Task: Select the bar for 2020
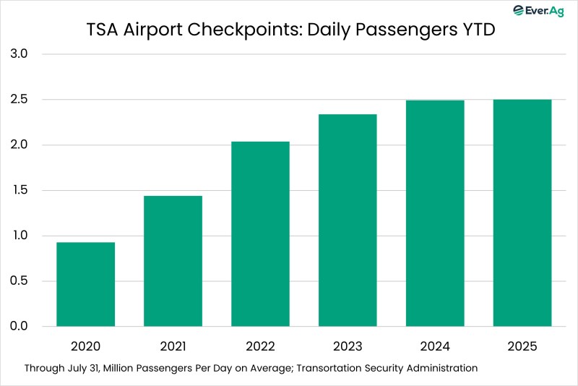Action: tap(85, 284)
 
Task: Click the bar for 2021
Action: tap(173, 261)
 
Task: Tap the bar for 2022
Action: tap(260, 233)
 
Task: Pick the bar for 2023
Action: tap(348, 220)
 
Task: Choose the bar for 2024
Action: tap(435, 213)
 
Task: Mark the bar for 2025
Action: tap(522, 213)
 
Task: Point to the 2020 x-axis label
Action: tap(85, 347)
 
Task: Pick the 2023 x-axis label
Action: tap(348, 347)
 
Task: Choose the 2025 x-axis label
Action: tap(522, 347)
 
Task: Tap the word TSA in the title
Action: tap(100, 31)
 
